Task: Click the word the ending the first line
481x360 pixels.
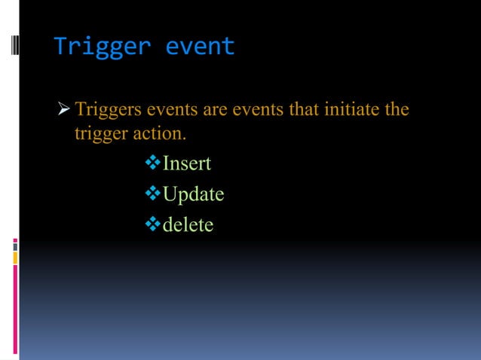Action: [396, 110]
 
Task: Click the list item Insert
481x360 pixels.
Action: [187, 163]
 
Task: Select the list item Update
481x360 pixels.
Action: [194, 194]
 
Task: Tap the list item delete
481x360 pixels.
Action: [188, 224]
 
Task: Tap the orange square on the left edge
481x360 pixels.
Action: [15, 258]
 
